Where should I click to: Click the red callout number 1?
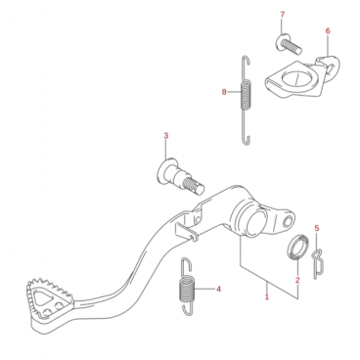point(267,296)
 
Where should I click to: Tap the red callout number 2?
point(297,280)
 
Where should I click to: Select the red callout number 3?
point(166,136)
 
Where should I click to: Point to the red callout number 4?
point(218,289)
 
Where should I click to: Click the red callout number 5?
point(317,228)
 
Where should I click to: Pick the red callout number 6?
point(328,31)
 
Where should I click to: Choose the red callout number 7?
point(283,15)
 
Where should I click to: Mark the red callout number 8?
point(224,92)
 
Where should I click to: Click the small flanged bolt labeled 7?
point(289,45)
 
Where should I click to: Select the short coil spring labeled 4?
point(188,287)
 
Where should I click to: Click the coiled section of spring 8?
point(246,95)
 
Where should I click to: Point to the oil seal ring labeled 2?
point(296,247)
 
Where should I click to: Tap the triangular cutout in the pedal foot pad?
point(42,297)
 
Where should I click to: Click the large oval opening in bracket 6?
point(297,78)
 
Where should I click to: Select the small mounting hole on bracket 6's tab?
point(331,68)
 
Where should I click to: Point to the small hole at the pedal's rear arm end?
point(288,221)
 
